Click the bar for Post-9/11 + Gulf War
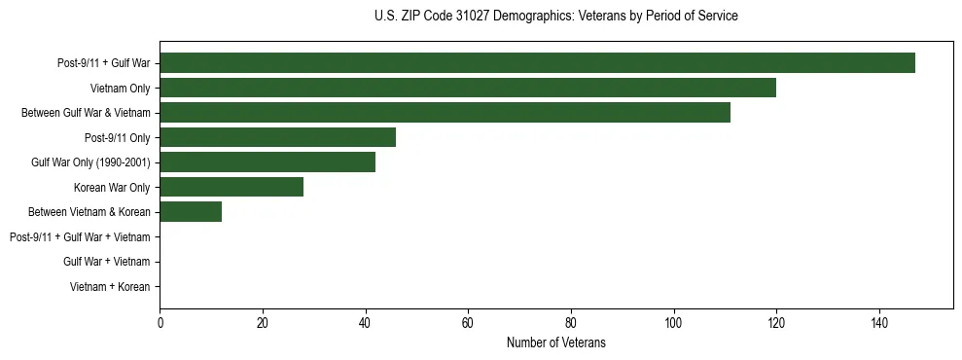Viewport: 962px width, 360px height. click(537, 63)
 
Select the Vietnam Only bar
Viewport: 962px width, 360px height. click(468, 88)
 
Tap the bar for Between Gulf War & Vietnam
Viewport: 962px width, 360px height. click(445, 113)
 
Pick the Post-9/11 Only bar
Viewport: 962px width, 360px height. click(277, 137)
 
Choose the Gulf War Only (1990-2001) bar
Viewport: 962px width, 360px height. click(267, 162)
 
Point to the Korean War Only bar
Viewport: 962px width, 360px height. click(232, 187)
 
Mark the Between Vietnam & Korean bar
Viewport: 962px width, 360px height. click(191, 212)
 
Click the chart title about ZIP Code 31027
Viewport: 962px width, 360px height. click(555, 17)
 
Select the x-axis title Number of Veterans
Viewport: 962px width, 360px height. click(555, 342)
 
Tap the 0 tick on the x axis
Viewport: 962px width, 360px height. click(160, 323)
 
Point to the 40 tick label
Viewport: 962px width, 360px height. click(365, 323)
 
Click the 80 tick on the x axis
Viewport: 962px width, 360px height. click(571, 323)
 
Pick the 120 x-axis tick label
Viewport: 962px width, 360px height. click(776, 323)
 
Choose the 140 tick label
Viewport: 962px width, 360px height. click(879, 323)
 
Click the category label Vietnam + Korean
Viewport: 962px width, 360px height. click(110, 287)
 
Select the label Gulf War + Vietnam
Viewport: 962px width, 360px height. click(106, 262)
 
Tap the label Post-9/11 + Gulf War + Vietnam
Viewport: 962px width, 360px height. click(80, 237)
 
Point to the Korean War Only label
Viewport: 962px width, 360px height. click(112, 188)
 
